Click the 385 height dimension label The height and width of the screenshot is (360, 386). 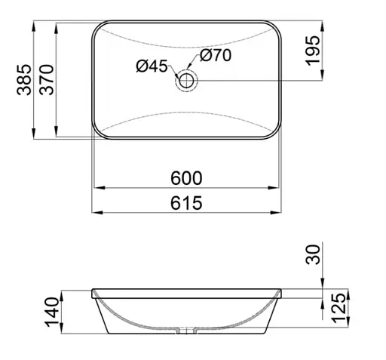click(23, 79)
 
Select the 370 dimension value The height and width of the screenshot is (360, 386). click(46, 79)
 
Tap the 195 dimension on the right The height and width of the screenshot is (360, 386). click(314, 50)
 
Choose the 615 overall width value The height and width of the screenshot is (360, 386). click(187, 202)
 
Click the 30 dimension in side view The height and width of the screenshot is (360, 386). click(314, 254)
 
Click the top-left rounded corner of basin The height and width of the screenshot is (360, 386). click(98, 27)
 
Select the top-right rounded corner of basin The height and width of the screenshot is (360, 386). click(279, 27)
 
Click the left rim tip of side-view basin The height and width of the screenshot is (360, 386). click(92, 290)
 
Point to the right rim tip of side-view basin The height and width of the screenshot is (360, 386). click(284, 290)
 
